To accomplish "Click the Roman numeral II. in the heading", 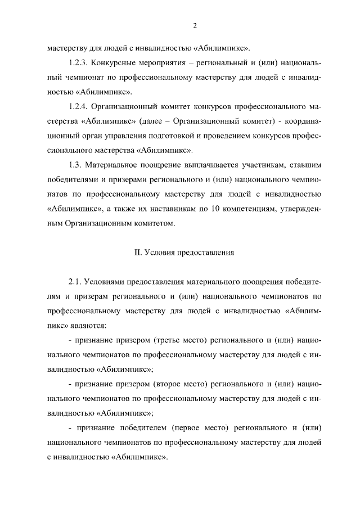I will [138, 252].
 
